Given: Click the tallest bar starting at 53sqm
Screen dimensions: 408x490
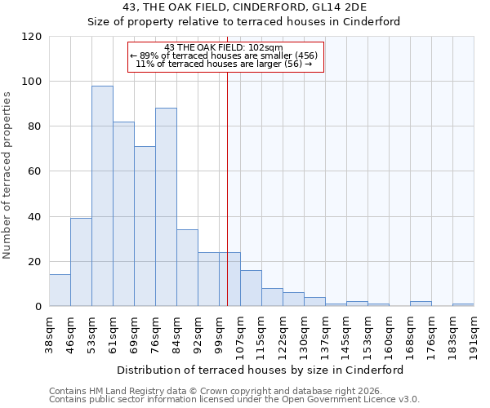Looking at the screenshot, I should [102, 196].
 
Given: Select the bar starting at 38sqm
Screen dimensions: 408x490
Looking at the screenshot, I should [60, 290].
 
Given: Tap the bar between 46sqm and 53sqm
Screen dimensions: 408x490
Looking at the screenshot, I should [81, 262].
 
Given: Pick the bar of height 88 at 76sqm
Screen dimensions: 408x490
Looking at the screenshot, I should [166, 207].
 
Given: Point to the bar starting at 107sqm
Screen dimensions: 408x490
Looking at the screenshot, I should [251, 288].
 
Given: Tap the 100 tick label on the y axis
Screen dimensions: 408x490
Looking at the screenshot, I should [32, 82].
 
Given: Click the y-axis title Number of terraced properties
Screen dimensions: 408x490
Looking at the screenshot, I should [7, 175].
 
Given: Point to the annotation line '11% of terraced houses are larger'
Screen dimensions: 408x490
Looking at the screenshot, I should [224, 64].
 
